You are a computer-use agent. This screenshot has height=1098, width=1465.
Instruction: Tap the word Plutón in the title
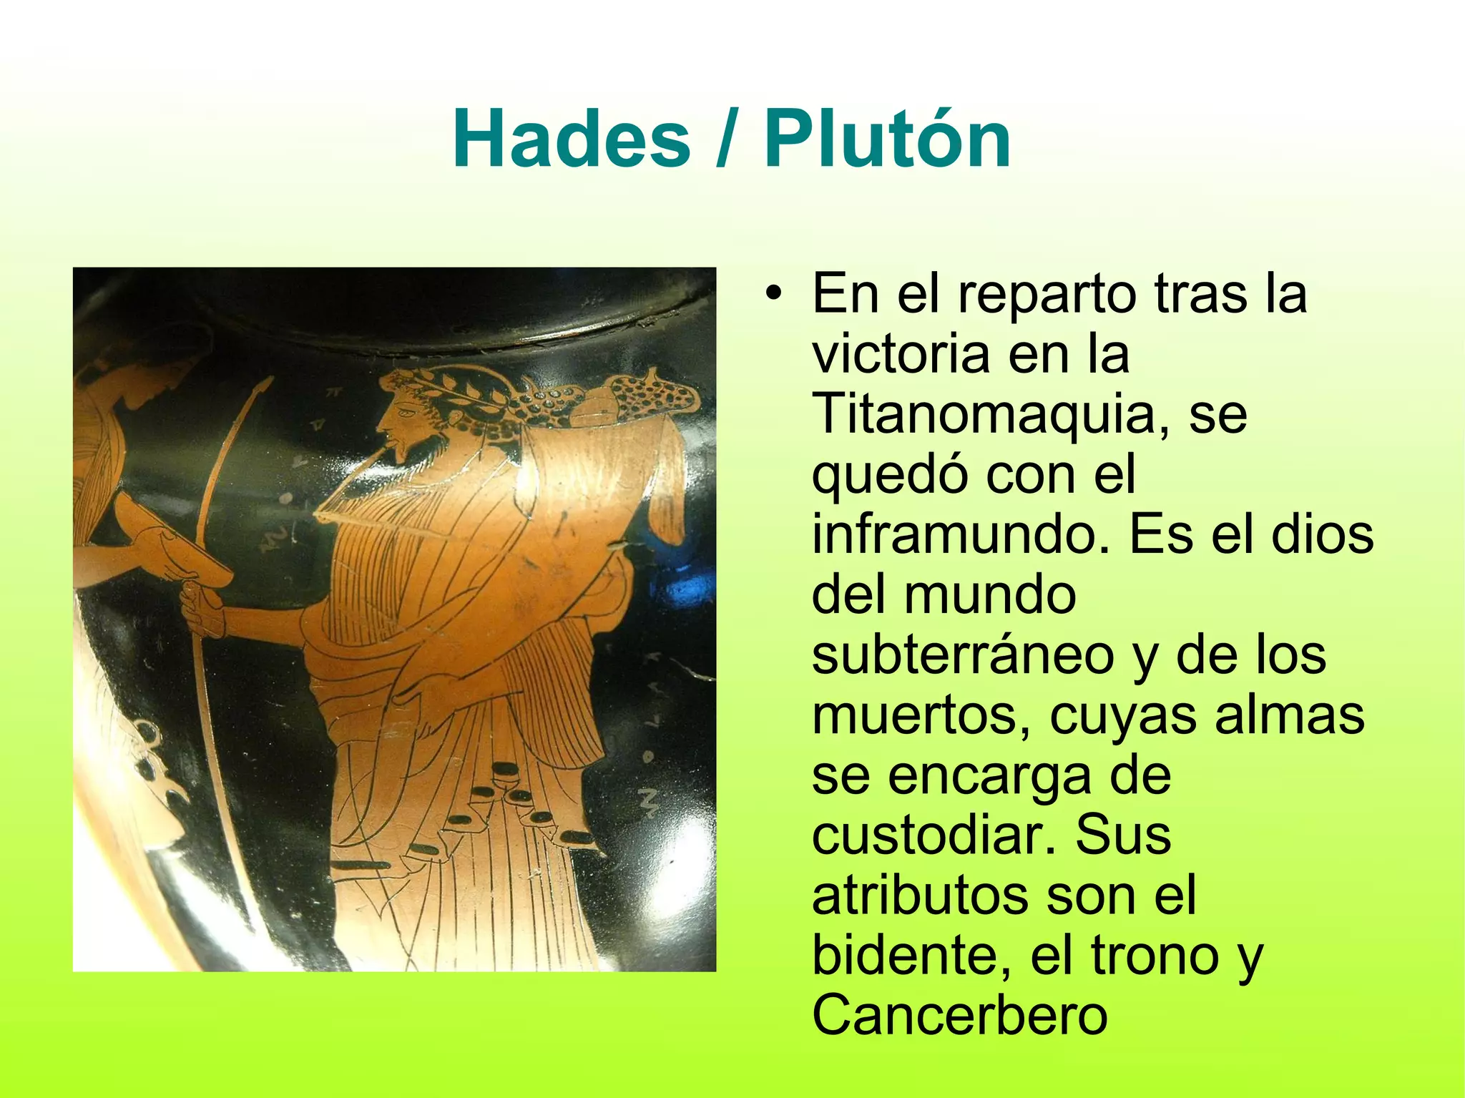[x=887, y=139]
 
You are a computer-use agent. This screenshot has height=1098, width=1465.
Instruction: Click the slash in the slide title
[x=727, y=139]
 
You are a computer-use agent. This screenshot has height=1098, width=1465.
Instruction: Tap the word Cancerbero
[x=959, y=1016]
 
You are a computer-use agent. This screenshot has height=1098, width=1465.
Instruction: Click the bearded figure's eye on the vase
[x=406, y=413]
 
